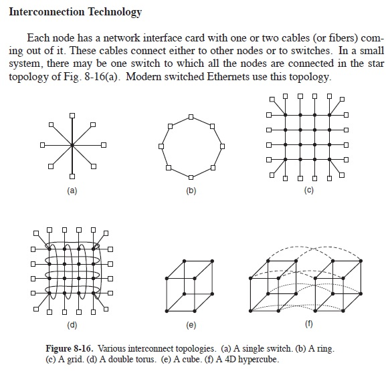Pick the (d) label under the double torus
point(72,326)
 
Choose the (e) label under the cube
point(191,326)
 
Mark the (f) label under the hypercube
point(308,326)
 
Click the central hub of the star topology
point(72,144)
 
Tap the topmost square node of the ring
point(192,118)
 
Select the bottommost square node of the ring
point(192,176)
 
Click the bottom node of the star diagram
point(72,176)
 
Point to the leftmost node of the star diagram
point(41,144)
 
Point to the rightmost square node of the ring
point(221,147)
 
